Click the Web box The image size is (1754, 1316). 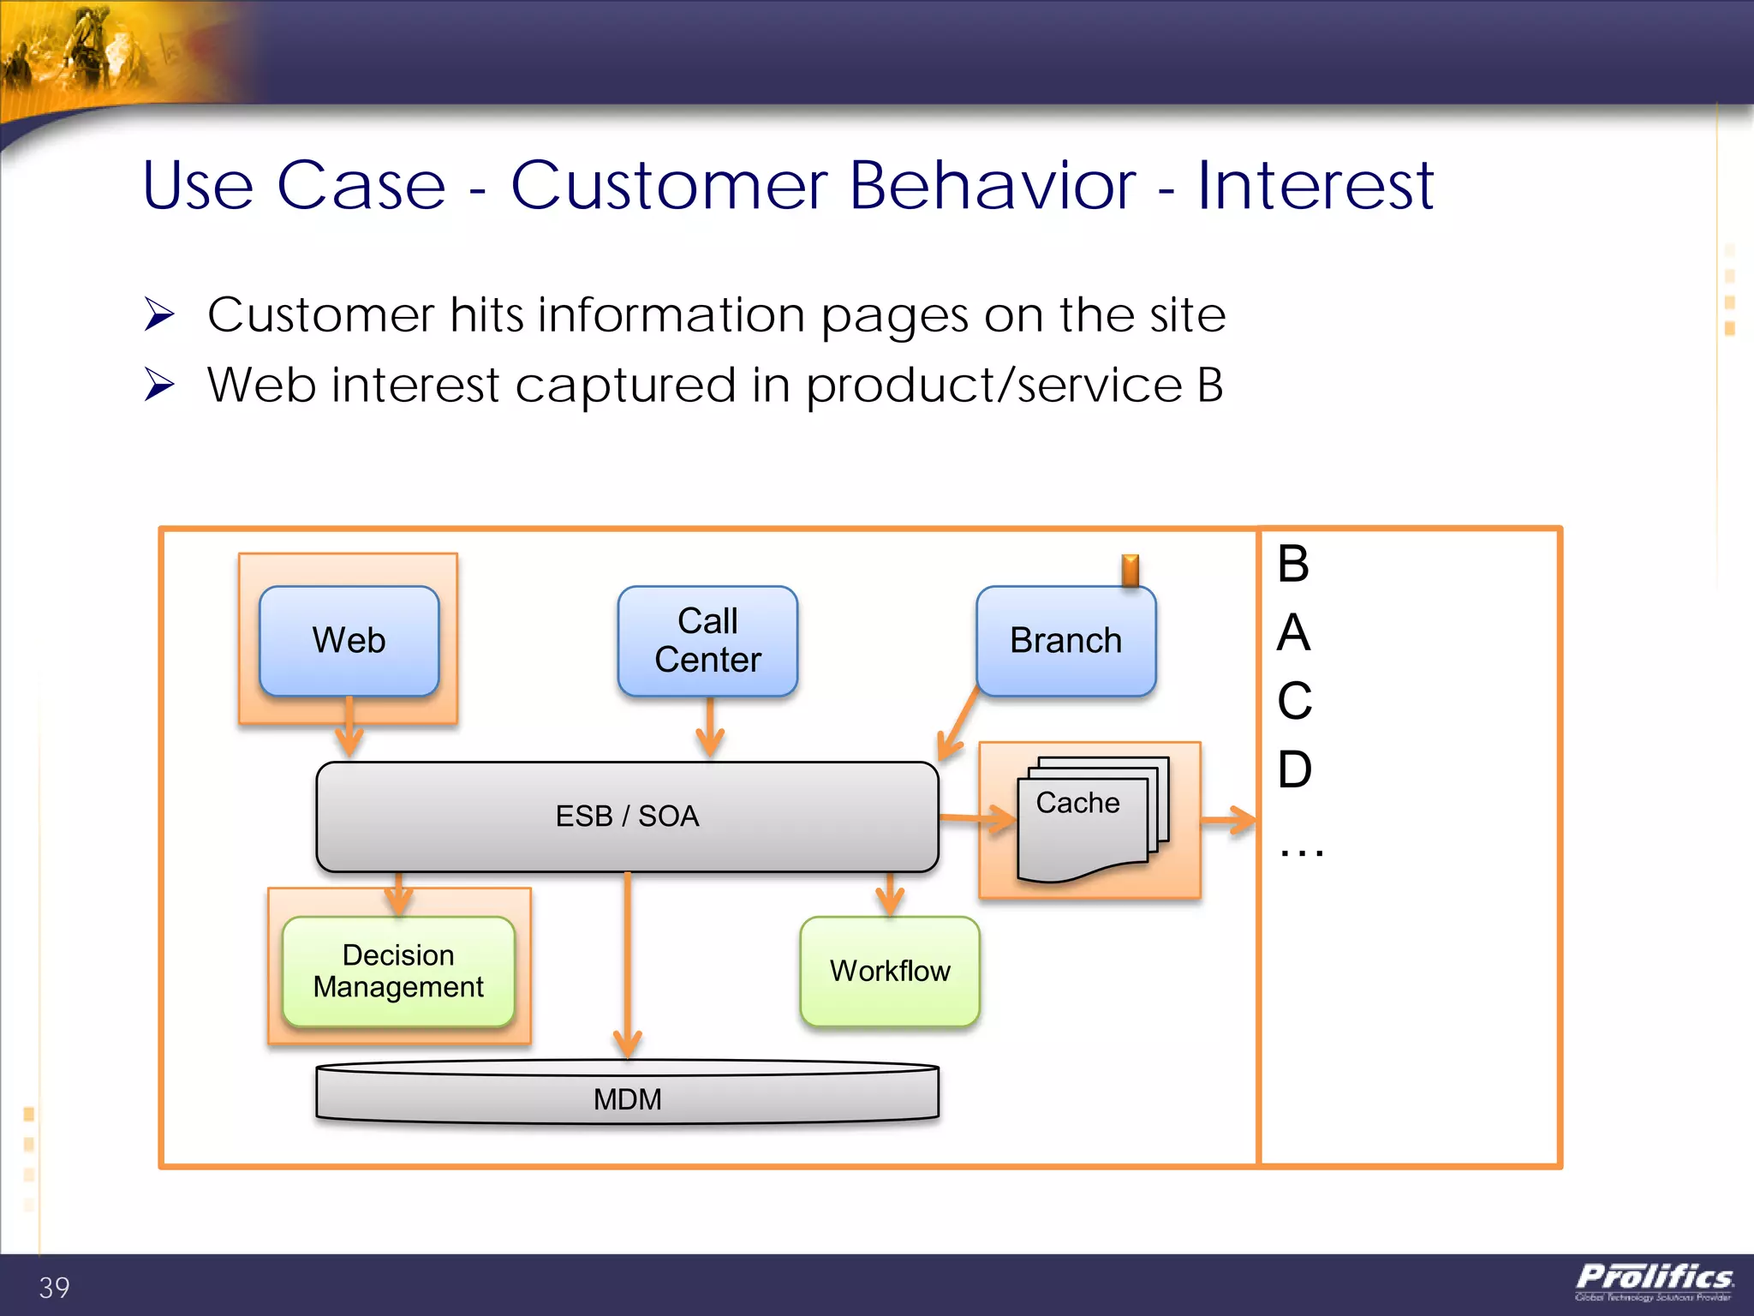click(x=349, y=641)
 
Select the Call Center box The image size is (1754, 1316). click(x=707, y=641)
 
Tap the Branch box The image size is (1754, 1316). click(x=1065, y=641)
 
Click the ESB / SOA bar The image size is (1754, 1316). click(x=627, y=816)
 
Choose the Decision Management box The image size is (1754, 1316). click(x=398, y=971)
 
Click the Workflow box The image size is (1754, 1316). click(x=890, y=971)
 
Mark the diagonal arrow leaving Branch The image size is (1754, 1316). click(x=958, y=724)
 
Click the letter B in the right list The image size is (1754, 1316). click(x=1293, y=564)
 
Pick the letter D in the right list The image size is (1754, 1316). click(x=1294, y=769)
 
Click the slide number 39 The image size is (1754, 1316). click(x=54, y=1287)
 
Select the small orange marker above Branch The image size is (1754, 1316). click(x=1131, y=570)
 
